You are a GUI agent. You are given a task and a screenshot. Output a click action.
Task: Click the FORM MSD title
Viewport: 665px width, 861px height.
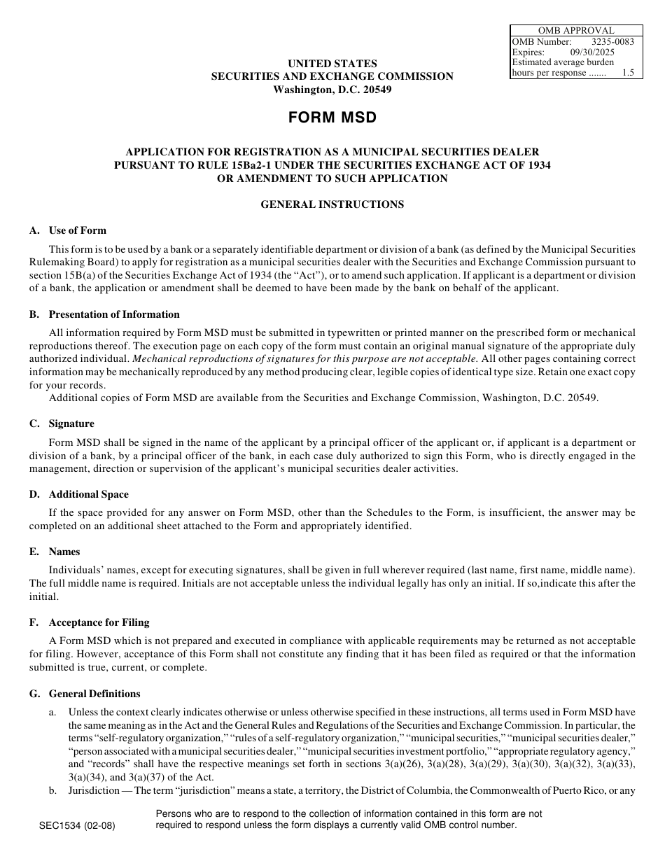(332, 118)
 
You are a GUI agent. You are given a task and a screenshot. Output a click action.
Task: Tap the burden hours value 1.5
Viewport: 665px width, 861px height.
(628, 73)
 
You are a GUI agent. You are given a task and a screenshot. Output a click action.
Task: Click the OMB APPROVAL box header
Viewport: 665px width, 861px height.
(576, 31)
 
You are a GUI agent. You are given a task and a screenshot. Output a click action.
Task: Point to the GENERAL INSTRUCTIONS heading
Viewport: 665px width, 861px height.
(332, 204)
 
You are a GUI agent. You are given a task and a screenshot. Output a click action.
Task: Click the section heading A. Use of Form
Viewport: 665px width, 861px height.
(68, 230)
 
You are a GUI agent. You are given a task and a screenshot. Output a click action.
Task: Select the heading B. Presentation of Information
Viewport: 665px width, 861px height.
(104, 314)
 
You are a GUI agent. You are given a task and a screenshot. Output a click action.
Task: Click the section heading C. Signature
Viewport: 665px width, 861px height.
(62, 423)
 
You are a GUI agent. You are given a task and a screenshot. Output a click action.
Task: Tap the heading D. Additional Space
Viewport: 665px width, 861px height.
(79, 494)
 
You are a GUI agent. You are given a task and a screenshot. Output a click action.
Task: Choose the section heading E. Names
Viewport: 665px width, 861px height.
(55, 552)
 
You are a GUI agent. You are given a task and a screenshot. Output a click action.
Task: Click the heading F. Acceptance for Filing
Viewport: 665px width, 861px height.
(89, 622)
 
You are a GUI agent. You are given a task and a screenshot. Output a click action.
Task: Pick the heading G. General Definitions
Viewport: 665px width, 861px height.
(85, 694)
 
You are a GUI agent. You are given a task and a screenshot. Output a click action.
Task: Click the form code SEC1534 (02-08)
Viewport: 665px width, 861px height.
(77, 825)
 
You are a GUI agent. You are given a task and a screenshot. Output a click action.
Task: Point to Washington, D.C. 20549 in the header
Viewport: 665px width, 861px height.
(332, 90)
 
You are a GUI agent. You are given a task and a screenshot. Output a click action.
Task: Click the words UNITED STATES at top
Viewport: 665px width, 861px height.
(332, 64)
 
